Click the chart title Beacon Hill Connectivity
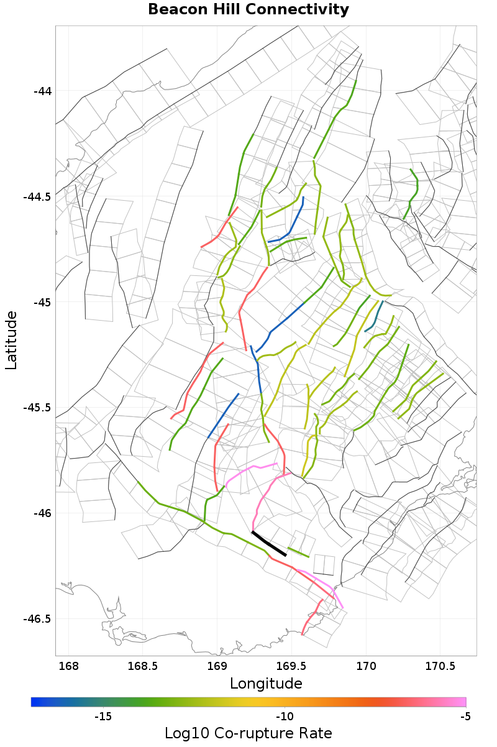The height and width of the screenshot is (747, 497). (248, 10)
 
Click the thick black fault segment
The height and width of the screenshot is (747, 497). (268, 543)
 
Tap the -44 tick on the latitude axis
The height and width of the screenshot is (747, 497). (43, 91)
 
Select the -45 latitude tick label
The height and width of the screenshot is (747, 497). (43, 303)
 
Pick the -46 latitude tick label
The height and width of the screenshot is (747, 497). (43, 513)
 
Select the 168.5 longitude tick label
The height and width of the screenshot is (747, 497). (142, 667)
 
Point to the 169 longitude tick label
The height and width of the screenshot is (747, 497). (217, 667)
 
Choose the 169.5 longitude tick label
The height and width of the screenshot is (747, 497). (291, 667)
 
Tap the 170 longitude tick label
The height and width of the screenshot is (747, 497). (365, 667)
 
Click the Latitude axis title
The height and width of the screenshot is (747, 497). (11, 341)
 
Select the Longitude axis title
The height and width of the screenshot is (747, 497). (266, 684)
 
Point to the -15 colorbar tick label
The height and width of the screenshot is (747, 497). (103, 717)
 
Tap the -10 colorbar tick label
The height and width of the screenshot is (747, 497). (284, 717)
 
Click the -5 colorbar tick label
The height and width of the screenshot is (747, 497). (465, 717)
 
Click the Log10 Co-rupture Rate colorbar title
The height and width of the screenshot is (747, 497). (248, 733)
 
